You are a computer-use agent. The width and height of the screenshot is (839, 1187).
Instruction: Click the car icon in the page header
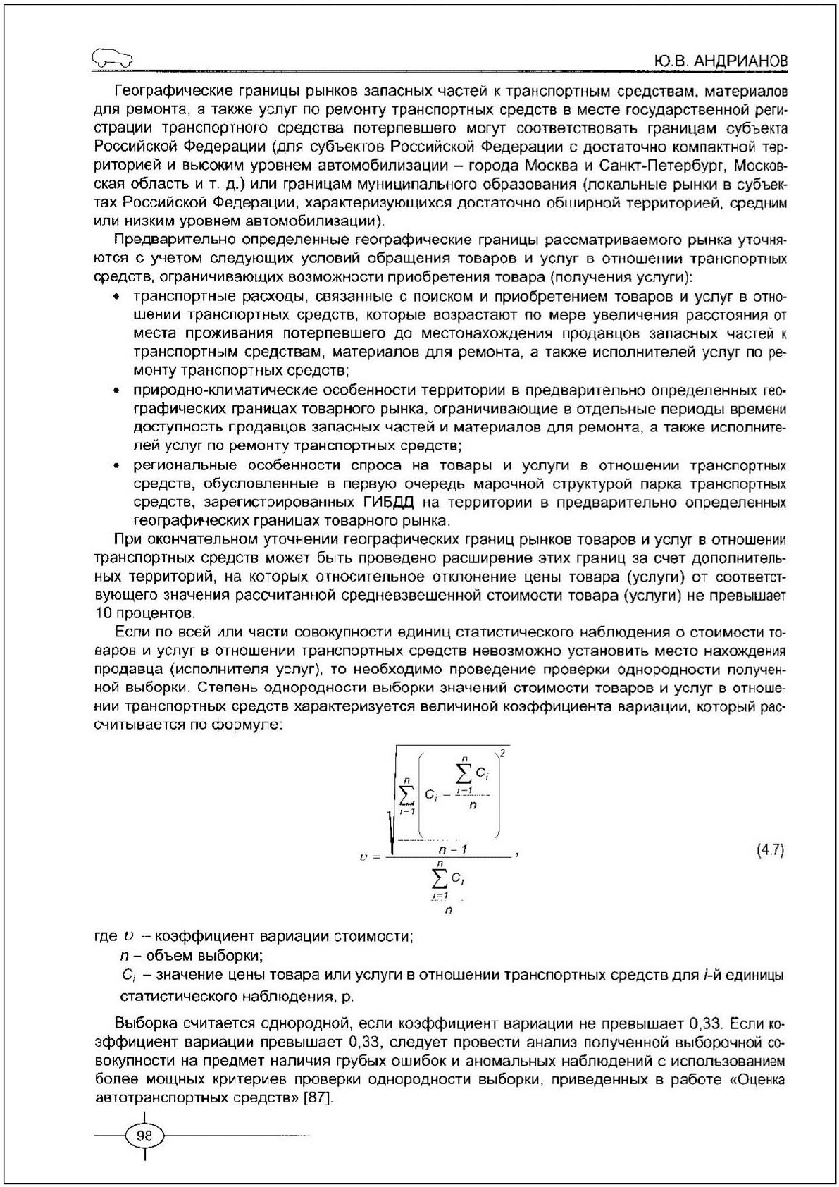[x=112, y=60]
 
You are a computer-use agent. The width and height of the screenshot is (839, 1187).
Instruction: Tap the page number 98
[x=144, y=1136]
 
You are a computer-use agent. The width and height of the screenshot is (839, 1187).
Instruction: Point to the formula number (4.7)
[x=769, y=849]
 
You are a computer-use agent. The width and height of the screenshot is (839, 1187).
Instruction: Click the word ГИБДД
[x=388, y=503]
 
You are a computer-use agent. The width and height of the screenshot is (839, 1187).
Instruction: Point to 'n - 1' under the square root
[x=452, y=849]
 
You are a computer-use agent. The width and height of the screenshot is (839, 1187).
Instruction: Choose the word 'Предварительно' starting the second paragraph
[x=164, y=240]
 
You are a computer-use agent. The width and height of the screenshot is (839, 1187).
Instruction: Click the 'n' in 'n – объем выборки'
[x=123, y=957]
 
